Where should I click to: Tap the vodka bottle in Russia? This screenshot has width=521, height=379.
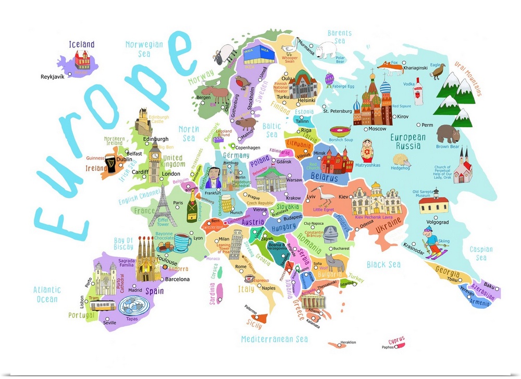(x=418, y=92)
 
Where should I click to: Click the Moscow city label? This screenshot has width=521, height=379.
(x=377, y=129)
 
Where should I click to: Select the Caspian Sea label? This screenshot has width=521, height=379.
(x=480, y=253)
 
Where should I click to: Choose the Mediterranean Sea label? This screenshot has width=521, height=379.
(x=274, y=339)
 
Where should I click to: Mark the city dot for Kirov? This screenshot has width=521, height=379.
(x=394, y=117)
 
